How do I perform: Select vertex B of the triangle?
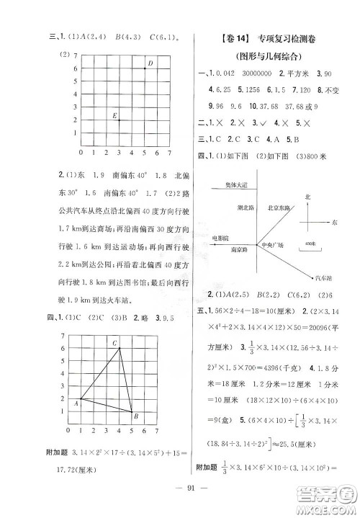(x=133, y=412)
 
